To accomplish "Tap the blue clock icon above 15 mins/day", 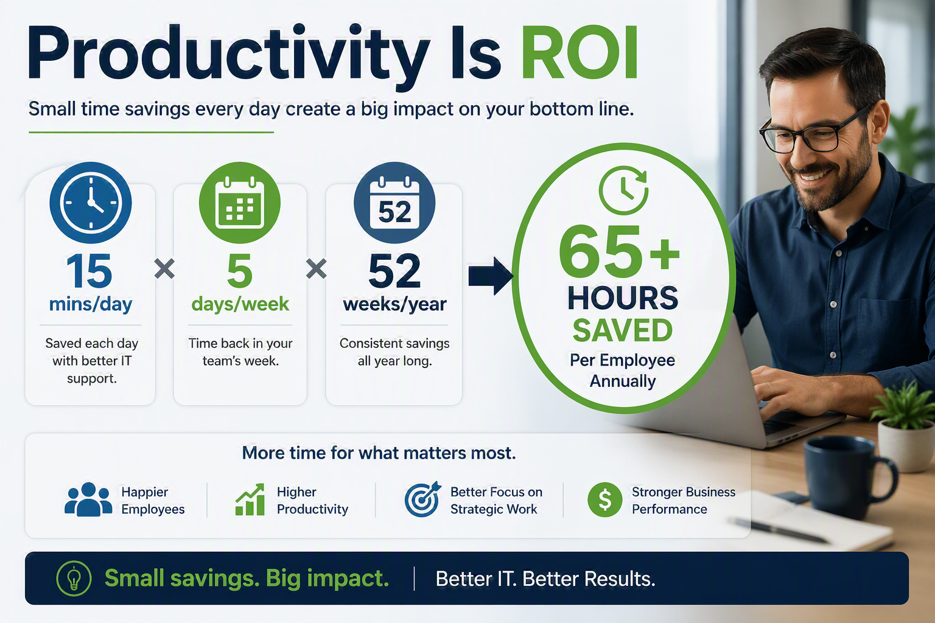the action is point(91,203).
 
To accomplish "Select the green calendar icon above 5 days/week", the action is point(240,203).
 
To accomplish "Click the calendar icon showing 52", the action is point(394,203).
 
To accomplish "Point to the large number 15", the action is point(89,271).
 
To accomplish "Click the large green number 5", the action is point(240,271).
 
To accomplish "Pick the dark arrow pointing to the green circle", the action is point(491,276).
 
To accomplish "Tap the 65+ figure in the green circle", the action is point(620,251).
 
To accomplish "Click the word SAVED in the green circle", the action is point(622,330).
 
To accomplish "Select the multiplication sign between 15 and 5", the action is point(164,268).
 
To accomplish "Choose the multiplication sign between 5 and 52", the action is point(317,268).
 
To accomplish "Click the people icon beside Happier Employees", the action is point(88,499).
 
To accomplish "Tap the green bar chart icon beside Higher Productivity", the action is point(250,499).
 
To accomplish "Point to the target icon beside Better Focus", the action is point(422,499).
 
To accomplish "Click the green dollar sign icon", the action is point(605,499).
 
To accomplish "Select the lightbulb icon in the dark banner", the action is point(74,579).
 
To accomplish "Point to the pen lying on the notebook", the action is point(780,531).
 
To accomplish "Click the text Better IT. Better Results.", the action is point(545,579).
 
